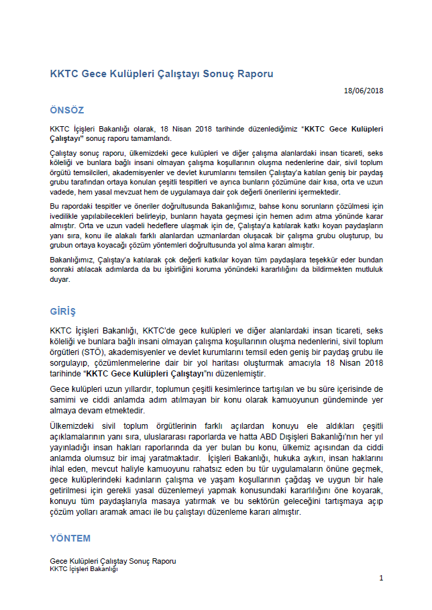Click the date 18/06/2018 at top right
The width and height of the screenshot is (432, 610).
pyautogui.click(x=364, y=91)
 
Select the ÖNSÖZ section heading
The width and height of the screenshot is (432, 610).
pyautogui.click(x=67, y=109)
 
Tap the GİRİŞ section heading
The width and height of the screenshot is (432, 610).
pyautogui.click(x=64, y=311)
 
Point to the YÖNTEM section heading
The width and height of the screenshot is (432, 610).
pyautogui.click(x=70, y=538)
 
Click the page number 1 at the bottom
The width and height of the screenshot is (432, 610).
pyautogui.click(x=381, y=578)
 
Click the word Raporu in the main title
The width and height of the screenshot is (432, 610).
pyautogui.click(x=257, y=73)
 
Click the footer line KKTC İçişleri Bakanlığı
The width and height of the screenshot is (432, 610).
pyautogui.click(x=83, y=569)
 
